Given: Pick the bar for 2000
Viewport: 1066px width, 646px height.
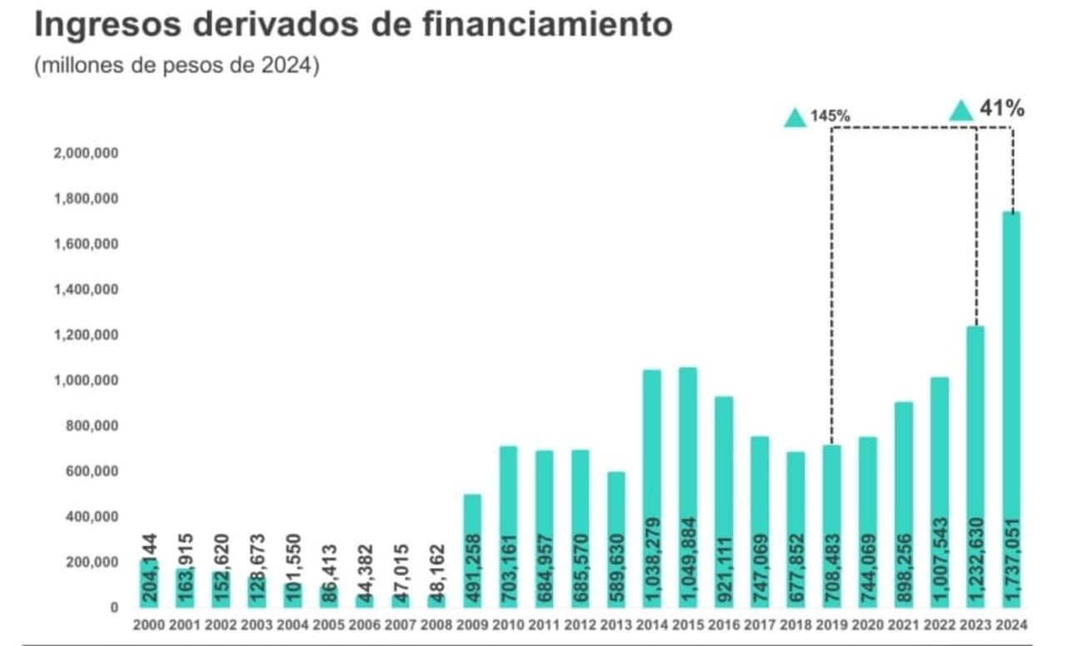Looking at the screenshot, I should [x=150, y=583].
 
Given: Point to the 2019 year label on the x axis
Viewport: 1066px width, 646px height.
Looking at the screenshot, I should [x=831, y=625].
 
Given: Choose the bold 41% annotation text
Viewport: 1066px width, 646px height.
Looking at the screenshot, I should [x=1002, y=108].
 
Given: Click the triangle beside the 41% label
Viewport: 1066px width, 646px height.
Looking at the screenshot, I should [x=962, y=110].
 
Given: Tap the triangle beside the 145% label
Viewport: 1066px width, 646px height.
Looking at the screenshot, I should [x=795, y=117].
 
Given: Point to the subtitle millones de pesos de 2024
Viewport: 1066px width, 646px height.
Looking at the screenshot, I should [x=177, y=67].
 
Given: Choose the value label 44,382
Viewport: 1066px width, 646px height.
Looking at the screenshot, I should [x=365, y=571].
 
